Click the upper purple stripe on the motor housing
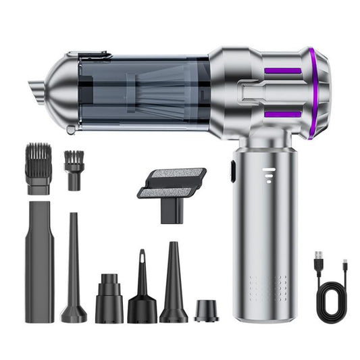(x=282, y=70)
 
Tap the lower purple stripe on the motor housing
(x=282, y=114)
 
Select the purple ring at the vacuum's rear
(x=314, y=95)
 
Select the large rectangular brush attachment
(x=39, y=168)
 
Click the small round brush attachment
(x=74, y=169)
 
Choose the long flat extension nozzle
(x=40, y=261)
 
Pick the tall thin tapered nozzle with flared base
(x=74, y=270)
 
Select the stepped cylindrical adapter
(x=107, y=297)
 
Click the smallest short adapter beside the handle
(x=207, y=310)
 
